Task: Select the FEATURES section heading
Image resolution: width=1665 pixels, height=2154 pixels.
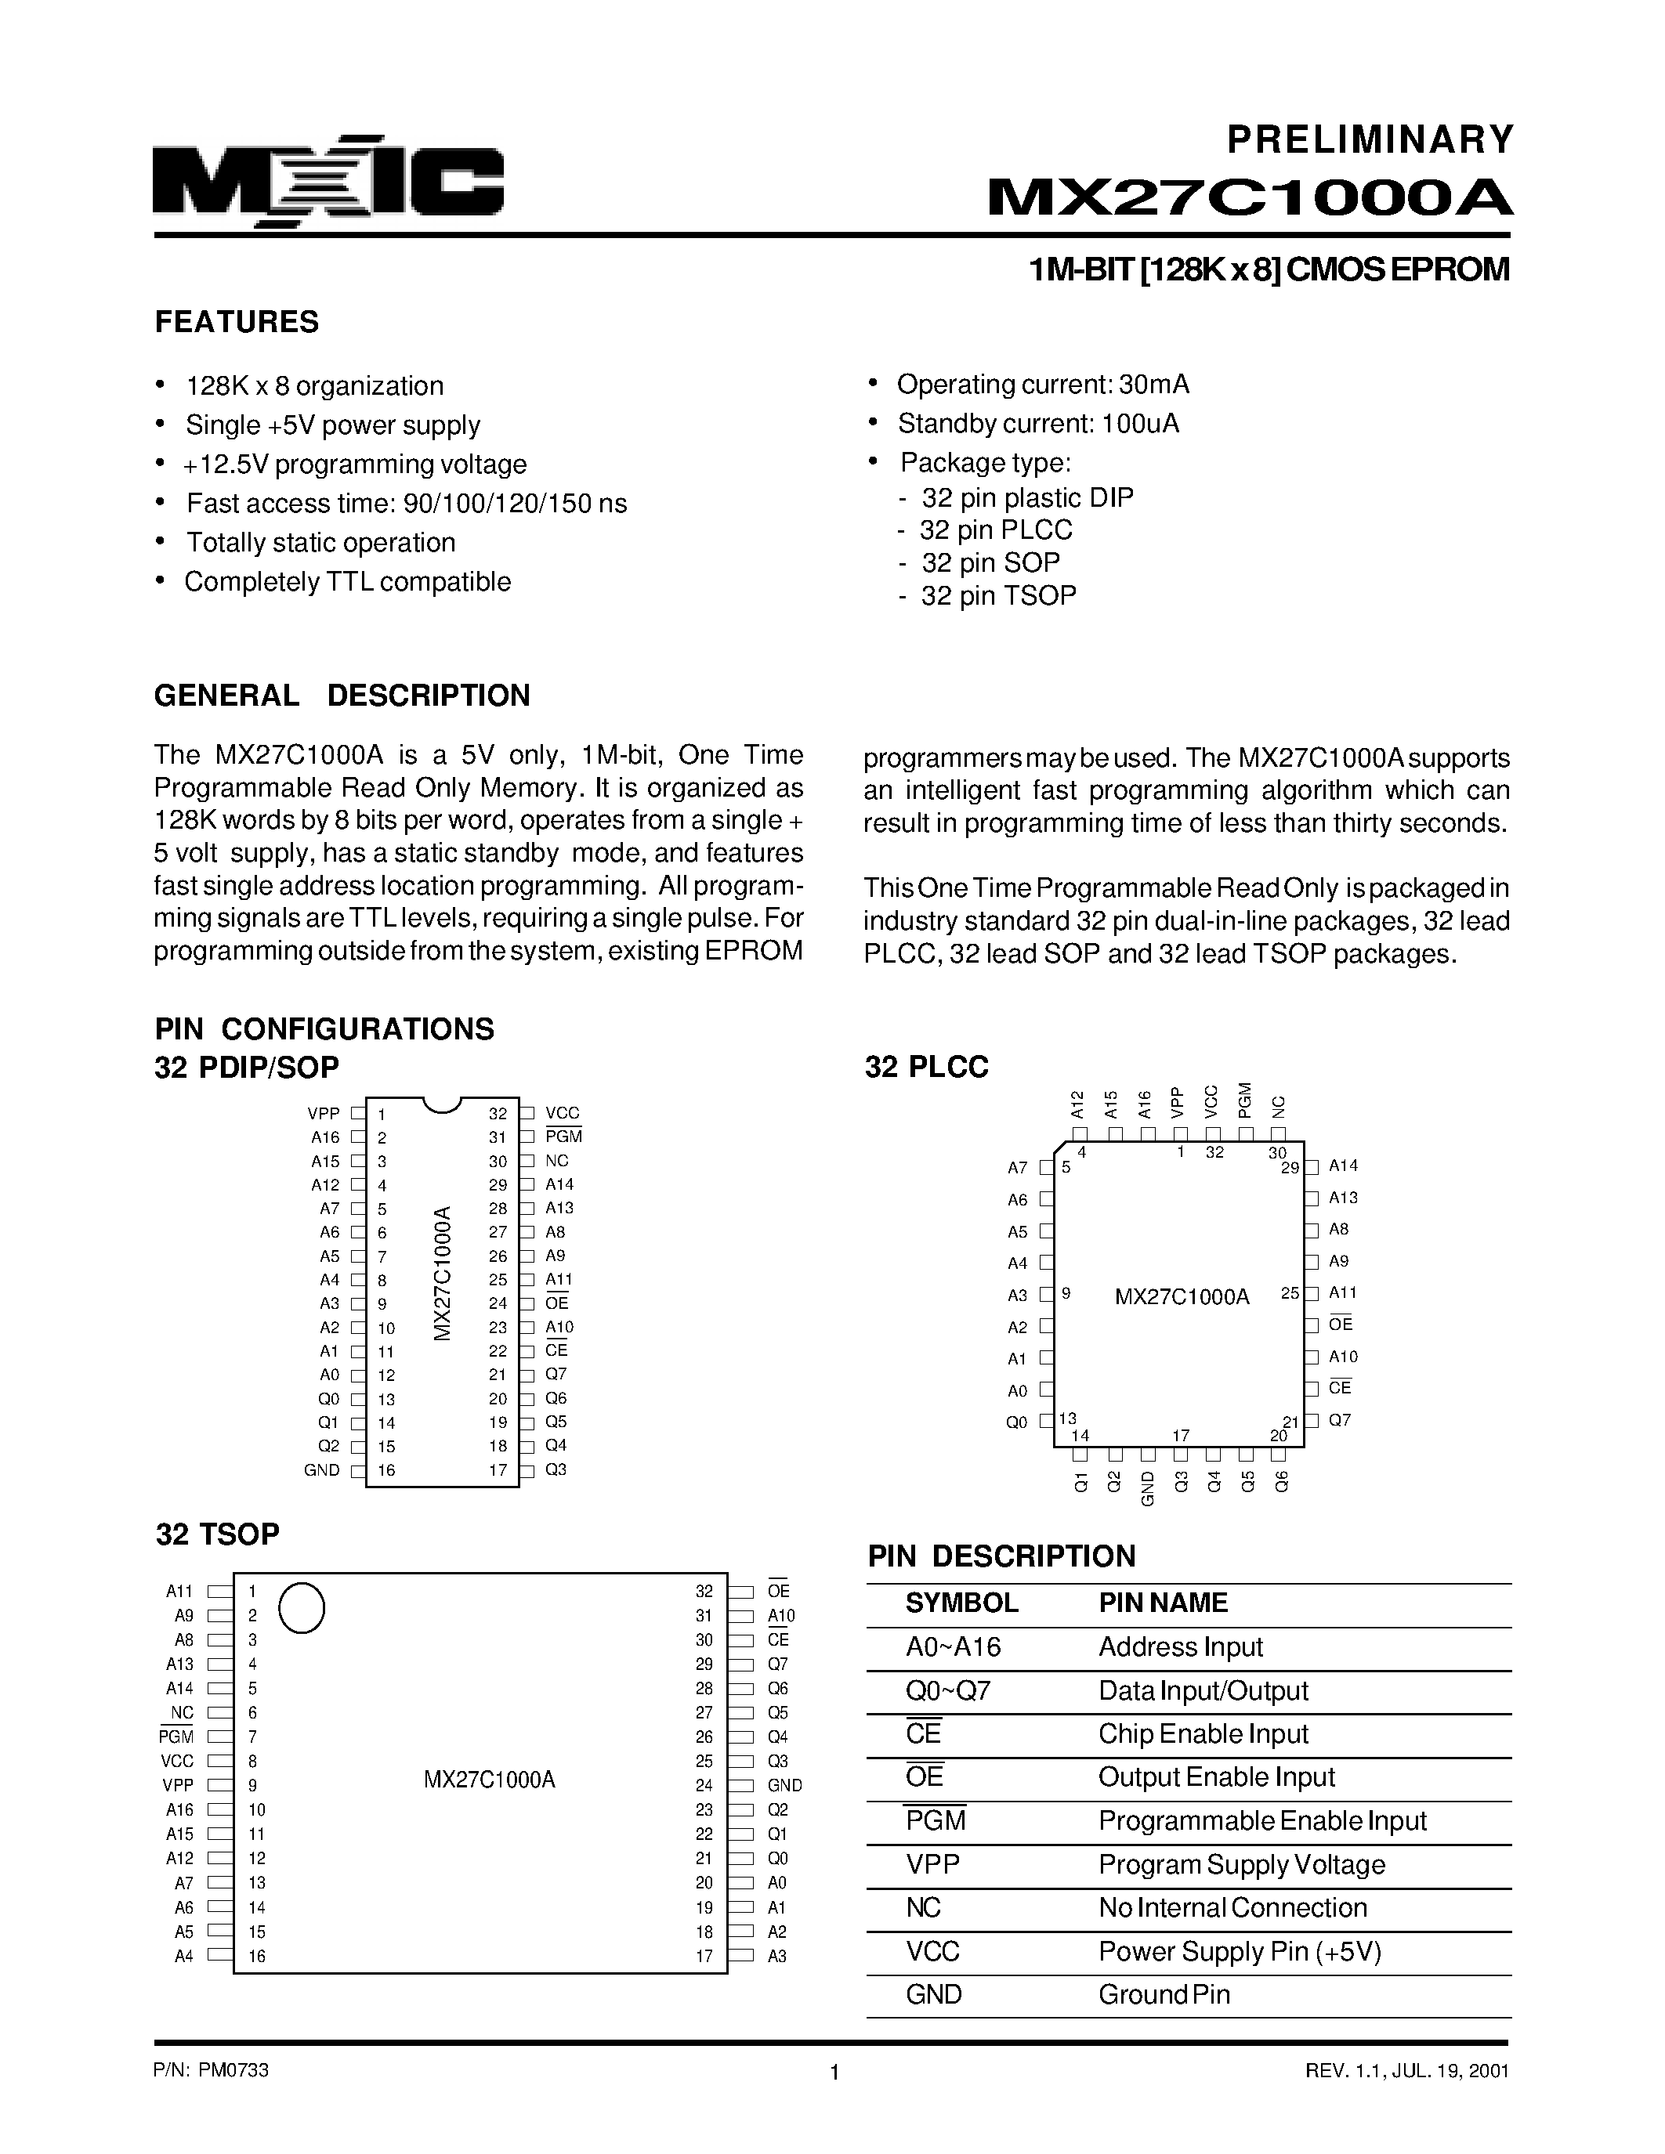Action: coord(237,323)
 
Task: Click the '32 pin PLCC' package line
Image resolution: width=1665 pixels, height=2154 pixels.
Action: coord(995,530)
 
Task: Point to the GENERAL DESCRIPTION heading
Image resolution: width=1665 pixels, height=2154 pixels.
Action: coord(342,696)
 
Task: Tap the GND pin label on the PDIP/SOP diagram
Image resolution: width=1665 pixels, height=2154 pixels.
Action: coord(321,1469)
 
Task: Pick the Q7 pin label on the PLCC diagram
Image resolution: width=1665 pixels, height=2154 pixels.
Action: coord(1340,1420)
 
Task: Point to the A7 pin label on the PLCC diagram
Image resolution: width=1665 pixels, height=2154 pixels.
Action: coord(1018,1168)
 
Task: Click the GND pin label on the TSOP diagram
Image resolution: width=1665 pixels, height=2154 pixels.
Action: coord(784,1785)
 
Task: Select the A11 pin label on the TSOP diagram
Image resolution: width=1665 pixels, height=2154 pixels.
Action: coord(179,1591)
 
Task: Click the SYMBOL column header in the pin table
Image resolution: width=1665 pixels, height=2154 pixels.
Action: coord(961,1603)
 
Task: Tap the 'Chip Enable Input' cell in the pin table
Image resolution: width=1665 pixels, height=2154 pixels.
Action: coord(1204,1734)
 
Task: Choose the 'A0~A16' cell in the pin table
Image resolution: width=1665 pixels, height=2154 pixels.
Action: coord(953,1647)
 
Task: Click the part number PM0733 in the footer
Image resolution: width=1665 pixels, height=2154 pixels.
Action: coord(233,2070)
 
